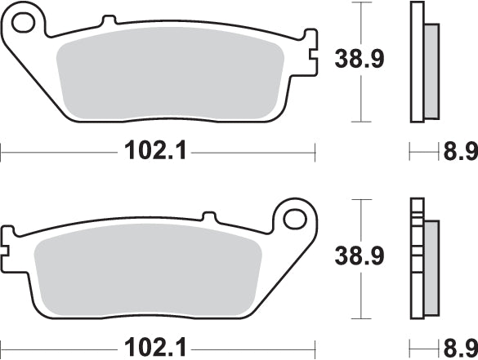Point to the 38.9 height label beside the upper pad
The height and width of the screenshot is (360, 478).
tap(360, 59)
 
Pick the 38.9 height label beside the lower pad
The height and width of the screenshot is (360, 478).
tap(360, 256)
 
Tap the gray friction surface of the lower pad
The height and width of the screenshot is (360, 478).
tap(147, 273)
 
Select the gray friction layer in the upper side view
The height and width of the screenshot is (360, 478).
tap(431, 69)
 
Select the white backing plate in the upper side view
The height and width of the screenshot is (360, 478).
tap(418, 61)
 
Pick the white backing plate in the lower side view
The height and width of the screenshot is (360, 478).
tap(418, 261)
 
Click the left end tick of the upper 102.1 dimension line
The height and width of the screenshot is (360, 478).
tap(2, 151)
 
